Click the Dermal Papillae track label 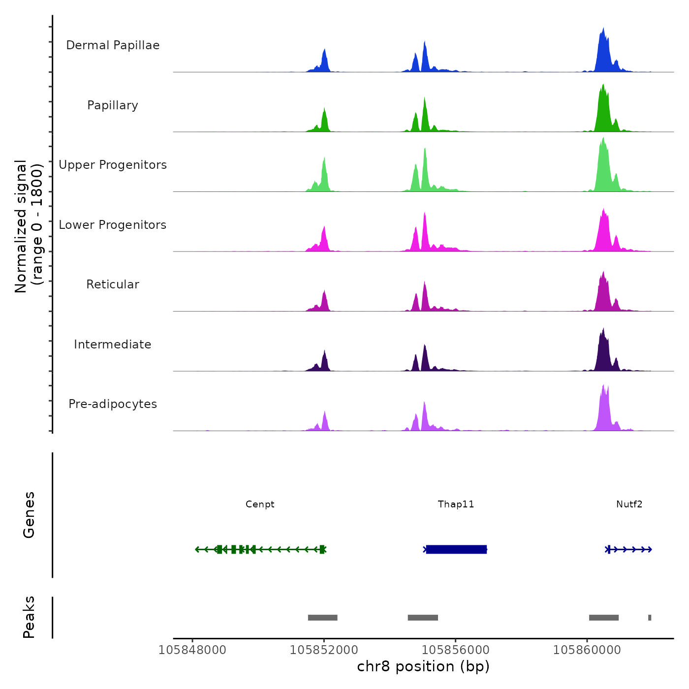pyautogui.click(x=113, y=45)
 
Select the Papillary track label pyautogui.click(x=113, y=105)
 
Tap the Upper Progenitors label pyautogui.click(x=113, y=165)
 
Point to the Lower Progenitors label pyautogui.click(x=113, y=225)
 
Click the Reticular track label pyautogui.click(x=113, y=284)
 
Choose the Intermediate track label pyautogui.click(x=113, y=344)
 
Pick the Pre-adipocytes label pyautogui.click(x=113, y=404)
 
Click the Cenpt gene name pyautogui.click(x=260, y=504)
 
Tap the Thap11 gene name pyautogui.click(x=456, y=504)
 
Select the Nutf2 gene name pyautogui.click(x=629, y=504)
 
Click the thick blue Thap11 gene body pyautogui.click(x=456, y=549)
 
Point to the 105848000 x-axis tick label pyautogui.click(x=192, y=650)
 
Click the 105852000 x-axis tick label pyautogui.click(x=324, y=650)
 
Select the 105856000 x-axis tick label pyautogui.click(x=456, y=650)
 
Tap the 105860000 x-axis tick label pyautogui.click(x=587, y=650)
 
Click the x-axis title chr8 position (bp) pyautogui.click(x=423, y=666)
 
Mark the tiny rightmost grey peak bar pyautogui.click(x=650, y=618)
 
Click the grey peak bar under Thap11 pyautogui.click(x=423, y=618)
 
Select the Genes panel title pyautogui.click(x=29, y=515)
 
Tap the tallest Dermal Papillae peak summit pyautogui.click(x=603, y=29)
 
